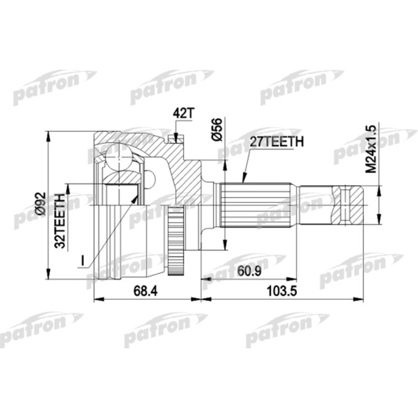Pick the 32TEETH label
(x=60, y=221)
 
